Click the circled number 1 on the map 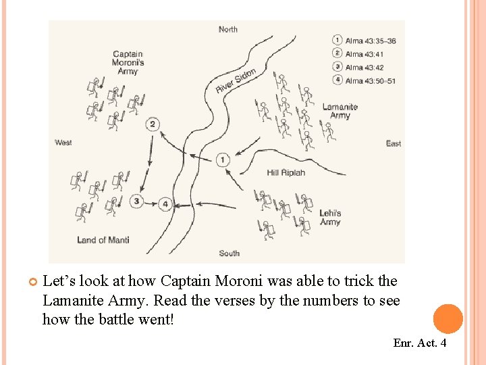click(x=223, y=160)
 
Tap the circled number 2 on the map click(x=153, y=124)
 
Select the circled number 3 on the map click(x=137, y=201)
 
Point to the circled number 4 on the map click(x=165, y=203)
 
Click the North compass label click(x=228, y=29)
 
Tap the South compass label click(x=229, y=253)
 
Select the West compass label click(x=63, y=143)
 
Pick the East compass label click(x=393, y=143)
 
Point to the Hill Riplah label click(x=286, y=172)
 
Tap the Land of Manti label click(x=103, y=240)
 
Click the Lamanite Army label click(x=340, y=111)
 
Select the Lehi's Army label click(x=330, y=218)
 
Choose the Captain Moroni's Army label click(x=128, y=62)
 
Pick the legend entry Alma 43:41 click(x=364, y=54)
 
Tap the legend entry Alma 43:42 click(x=364, y=68)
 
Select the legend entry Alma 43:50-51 click(x=371, y=81)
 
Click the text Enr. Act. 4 click(x=419, y=343)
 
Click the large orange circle click(x=448, y=319)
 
